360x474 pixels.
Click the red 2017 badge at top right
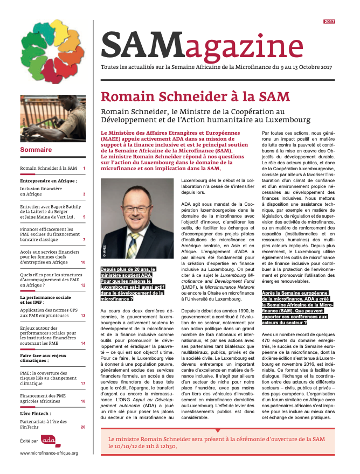coord(329,21)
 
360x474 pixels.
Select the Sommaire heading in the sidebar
coord(36,149)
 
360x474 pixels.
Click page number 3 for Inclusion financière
coord(84,194)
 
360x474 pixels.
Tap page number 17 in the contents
coord(83,368)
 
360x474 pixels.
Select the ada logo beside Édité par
coord(49,440)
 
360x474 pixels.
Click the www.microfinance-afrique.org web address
coord(49,453)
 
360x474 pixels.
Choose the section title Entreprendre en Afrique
coord(48,181)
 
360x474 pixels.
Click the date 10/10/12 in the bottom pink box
coord(123,447)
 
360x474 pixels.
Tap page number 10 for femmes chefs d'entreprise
coord(83,262)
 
